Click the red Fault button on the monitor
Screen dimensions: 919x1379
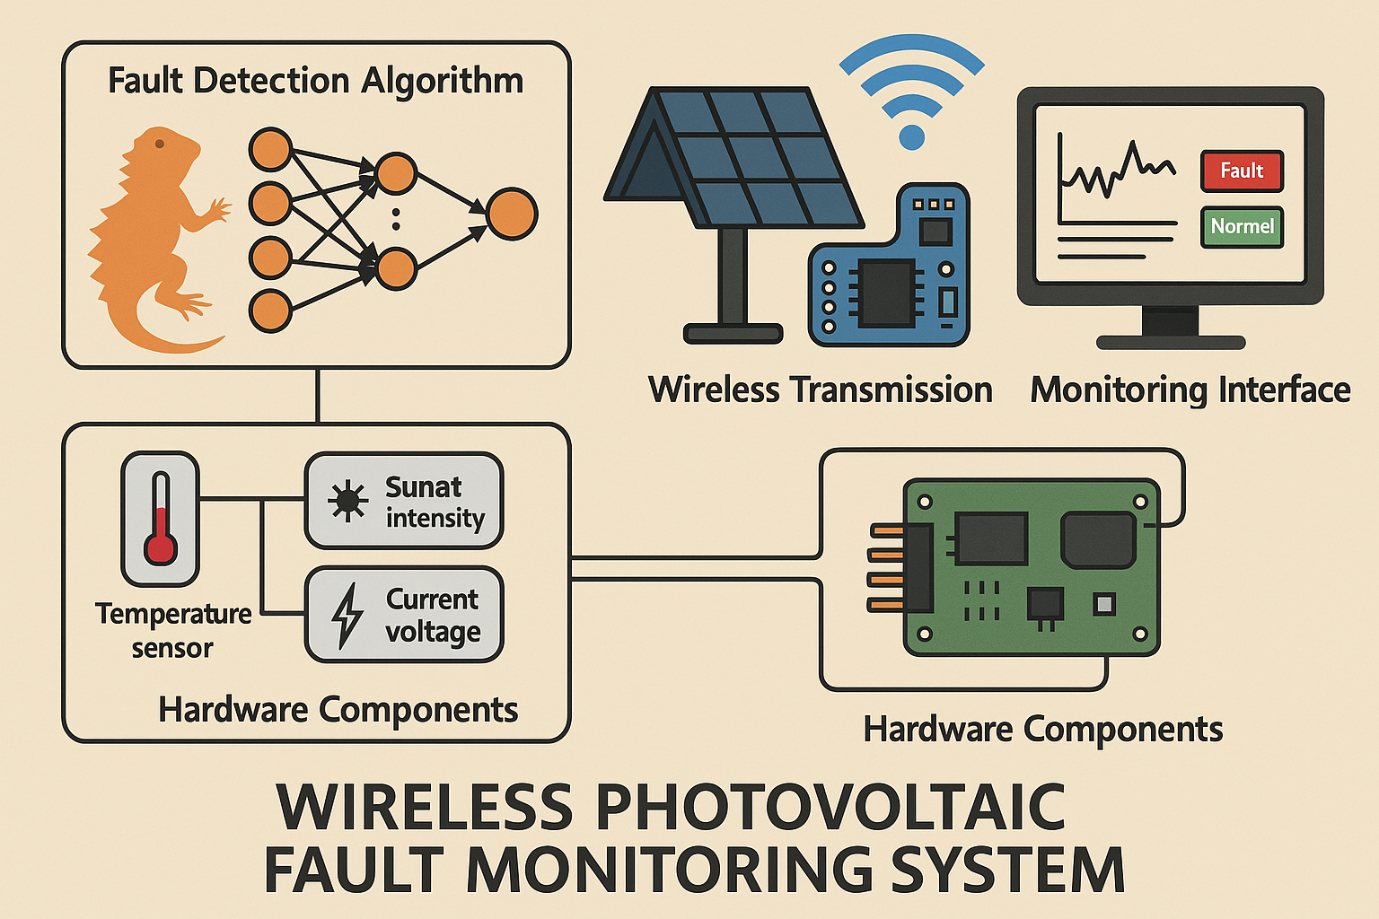[x=1242, y=171]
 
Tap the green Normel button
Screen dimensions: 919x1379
[x=1242, y=226]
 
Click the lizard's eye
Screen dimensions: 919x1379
[x=159, y=144]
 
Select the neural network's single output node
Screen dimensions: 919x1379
[x=511, y=214]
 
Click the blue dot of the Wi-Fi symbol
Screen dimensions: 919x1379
[x=911, y=137]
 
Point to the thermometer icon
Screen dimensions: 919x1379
[x=161, y=519]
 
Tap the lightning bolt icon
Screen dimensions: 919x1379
[x=347, y=615]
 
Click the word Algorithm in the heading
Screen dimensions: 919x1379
[x=442, y=81]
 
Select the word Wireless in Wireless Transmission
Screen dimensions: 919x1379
[x=714, y=390]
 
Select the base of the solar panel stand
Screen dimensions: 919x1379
[x=733, y=334]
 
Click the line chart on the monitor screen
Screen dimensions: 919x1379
[x=1116, y=171]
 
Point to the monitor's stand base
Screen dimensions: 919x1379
[x=1171, y=342]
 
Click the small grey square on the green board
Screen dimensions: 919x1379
[x=1103, y=604]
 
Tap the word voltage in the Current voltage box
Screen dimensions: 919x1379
[x=433, y=632]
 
